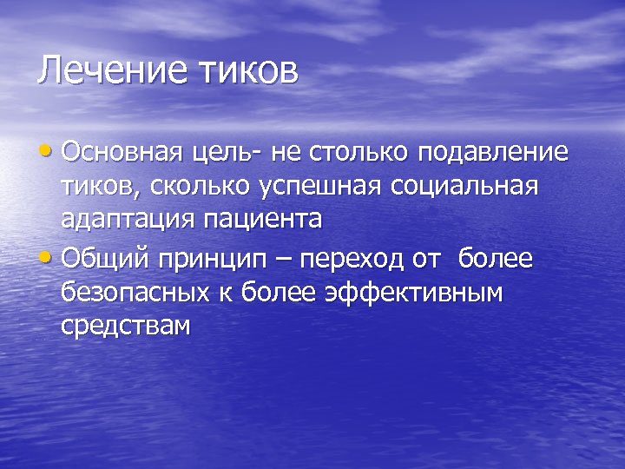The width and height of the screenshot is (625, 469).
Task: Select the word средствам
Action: tap(125, 326)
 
